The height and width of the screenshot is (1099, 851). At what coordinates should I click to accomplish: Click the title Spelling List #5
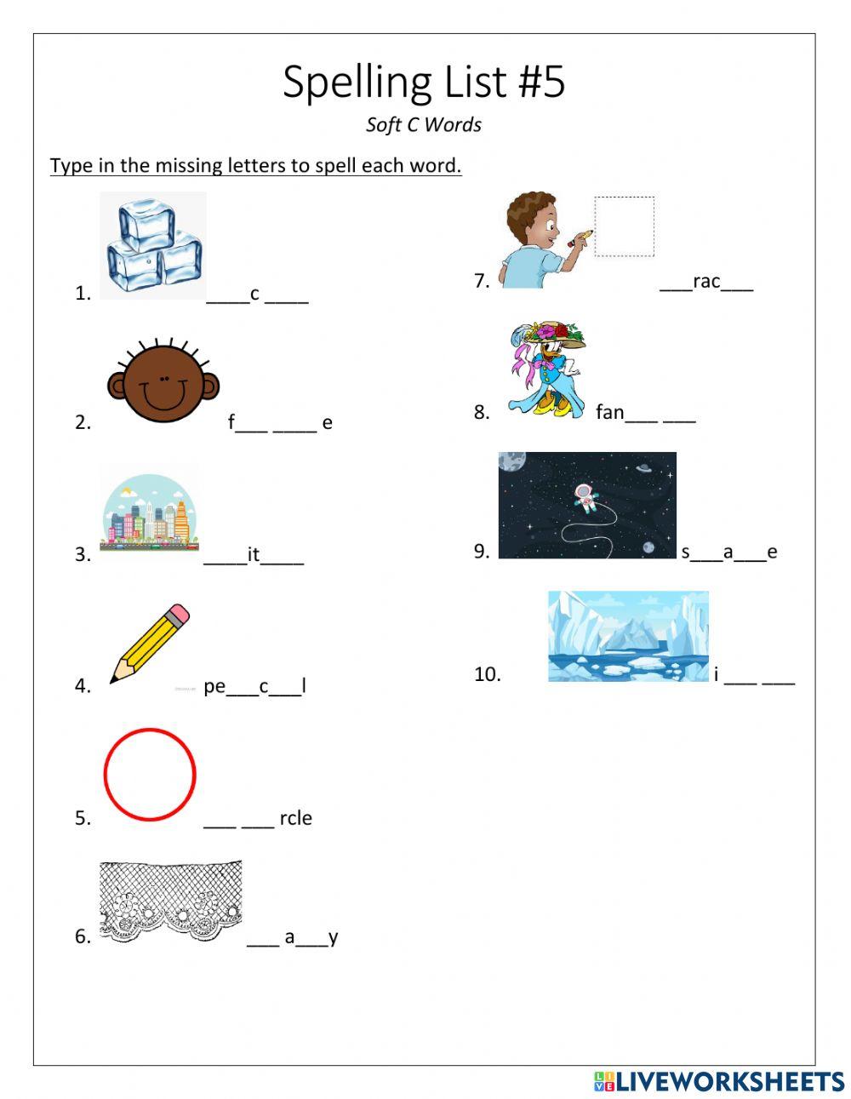pyautogui.click(x=424, y=83)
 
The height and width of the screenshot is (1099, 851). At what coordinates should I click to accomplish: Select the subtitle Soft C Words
pyautogui.click(x=424, y=125)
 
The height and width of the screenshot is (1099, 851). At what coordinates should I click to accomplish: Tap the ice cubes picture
pyautogui.click(x=154, y=245)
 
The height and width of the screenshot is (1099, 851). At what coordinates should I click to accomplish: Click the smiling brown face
pyautogui.click(x=163, y=384)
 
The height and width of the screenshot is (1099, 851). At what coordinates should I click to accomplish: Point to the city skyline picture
pyautogui.click(x=150, y=512)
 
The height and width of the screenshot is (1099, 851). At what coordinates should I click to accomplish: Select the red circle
pyautogui.click(x=150, y=774)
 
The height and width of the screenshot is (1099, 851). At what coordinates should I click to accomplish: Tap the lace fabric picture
pyautogui.click(x=170, y=900)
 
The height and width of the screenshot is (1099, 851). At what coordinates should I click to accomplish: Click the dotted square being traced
pyautogui.click(x=624, y=226)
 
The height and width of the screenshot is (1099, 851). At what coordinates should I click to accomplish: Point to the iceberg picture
pyautogui.click(x=628, y=636)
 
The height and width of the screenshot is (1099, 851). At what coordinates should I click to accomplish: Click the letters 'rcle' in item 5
pyautogui.click(x=295, y=818)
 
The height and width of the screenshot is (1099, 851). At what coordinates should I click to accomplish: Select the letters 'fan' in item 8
pyautogui.click(x=609, y=413)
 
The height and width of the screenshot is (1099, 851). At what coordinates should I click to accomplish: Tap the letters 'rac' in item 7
pyautogui.click(x=706, y=282)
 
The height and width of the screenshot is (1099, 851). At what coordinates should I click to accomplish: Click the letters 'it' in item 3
pyautogui.click(x=253, y=555)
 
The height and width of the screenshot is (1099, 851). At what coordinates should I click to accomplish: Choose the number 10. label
pyautogui.click(x=488, y=674)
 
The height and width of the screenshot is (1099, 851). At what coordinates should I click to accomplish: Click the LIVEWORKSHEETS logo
pyautogui.click(x=719, y=1081)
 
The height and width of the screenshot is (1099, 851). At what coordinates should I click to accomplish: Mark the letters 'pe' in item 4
pyautogui.click(x=214, y=686)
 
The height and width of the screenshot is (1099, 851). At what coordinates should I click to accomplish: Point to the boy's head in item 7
pyautogui.click(x=531, y=219)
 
